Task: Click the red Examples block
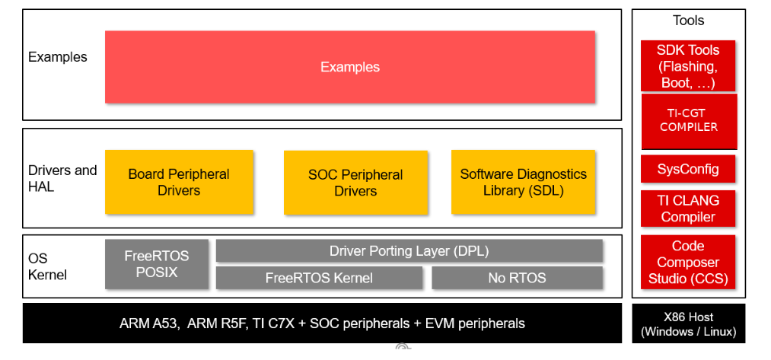[x=350, y=67]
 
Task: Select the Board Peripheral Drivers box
[x=179, y=182]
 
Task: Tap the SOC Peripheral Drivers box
[x=355, y=182]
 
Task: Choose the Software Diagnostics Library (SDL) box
[x=523, y=182]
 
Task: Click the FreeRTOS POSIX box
[x=156, y=263]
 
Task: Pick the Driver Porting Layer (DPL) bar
[x=409, y=250]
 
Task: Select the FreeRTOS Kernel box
[x=319, y=278]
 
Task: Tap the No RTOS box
[x=517, y=278]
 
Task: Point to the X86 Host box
[x=688, y=324]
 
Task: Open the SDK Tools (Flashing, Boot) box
[x=688, y=66]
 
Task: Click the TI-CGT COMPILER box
[x=689, y=120]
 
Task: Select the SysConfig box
[x=688, y=169]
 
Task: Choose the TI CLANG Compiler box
[x=688, y=209]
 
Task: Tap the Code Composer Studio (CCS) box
[x=688, y=263]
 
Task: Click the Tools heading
[x=688, y=21]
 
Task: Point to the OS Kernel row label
[x=47, y=266]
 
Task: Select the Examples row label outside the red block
[x=58, y=57]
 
